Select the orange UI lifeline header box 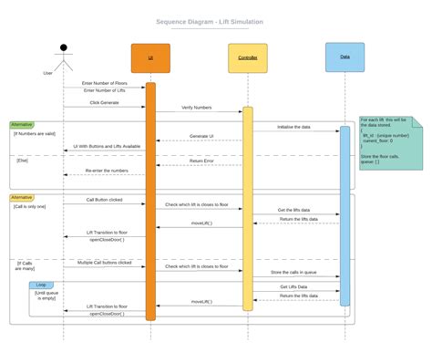(150, 57)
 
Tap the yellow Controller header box (247, 57)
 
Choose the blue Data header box (345, 57)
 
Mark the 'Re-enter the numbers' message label (108, 171)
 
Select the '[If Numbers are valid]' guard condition (35, 133)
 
